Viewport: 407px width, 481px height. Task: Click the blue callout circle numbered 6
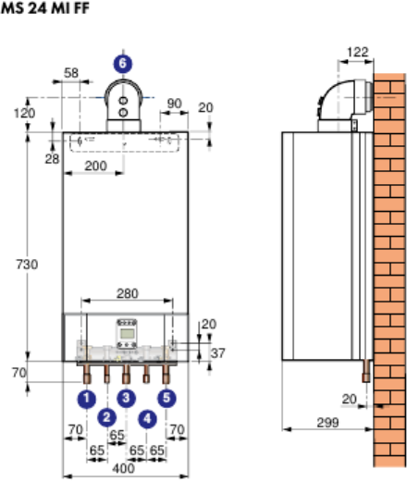click(123, 64)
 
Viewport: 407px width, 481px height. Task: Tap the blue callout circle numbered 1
click(87, 399)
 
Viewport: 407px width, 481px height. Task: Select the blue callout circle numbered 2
click(106, 417)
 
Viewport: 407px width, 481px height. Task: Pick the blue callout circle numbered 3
click(126, 398)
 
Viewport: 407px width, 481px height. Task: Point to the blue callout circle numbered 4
click(147, 419)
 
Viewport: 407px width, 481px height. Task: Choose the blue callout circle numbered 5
click(166, 398)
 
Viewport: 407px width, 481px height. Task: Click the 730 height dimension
click(27, 265)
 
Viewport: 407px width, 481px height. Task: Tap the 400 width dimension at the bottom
click(123, 469)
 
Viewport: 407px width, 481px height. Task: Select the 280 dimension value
click(128, 293)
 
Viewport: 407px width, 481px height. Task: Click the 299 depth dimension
click(327, 423)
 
